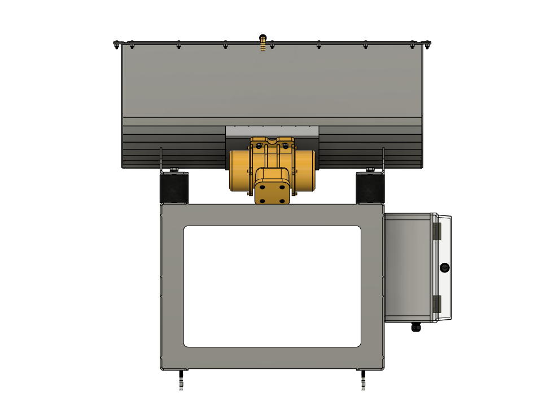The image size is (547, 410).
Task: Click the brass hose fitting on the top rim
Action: click(262, 43)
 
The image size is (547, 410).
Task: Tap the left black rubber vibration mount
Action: click(174, 187)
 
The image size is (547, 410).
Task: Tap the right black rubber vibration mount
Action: click(370, 187)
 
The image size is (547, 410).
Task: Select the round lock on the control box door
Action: click(444, 267)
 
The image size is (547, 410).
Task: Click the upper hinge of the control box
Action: click(436, 231)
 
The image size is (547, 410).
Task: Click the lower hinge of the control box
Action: click(436, 304)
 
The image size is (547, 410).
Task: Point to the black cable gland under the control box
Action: click(416, 327)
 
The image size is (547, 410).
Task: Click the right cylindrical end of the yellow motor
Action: click(305, 170)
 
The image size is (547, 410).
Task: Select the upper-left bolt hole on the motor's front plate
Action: click(262, 184)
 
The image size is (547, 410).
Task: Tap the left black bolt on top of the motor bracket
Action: click(259, 146)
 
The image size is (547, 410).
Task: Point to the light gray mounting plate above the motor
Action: click(272, 131)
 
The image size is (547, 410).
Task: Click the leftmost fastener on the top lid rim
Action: click(116, 43)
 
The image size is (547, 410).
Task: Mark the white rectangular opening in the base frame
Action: click(272, 286)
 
